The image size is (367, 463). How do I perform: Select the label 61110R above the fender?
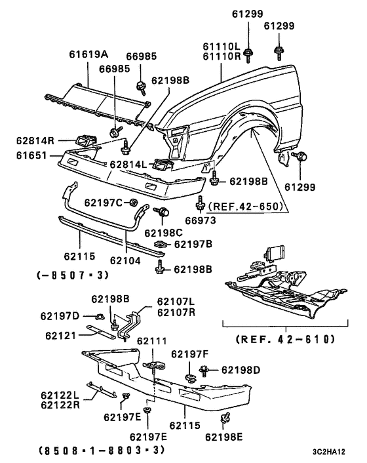[x=221, y=57]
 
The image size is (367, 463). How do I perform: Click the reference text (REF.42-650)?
[x=246, y=206]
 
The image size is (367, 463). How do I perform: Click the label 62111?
[x=151, y=342]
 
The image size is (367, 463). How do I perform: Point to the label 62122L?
[x=58, y=395]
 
